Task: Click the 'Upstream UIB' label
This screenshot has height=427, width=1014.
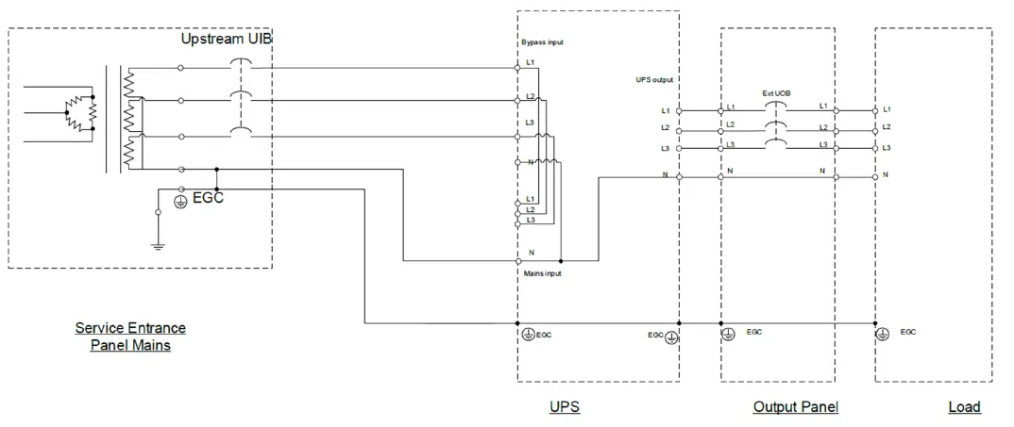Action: (227, 40)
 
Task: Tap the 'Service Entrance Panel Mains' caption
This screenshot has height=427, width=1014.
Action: (130, 337)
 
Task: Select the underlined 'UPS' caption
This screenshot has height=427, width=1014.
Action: (564, 407)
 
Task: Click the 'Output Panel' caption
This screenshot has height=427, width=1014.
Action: (795, 407)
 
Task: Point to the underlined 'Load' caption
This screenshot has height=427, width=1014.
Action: (964, 407)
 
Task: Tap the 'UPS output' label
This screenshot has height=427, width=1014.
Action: (654, 81)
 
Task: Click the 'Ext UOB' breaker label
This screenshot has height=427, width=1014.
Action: (776, 94)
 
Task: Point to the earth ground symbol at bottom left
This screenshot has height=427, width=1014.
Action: (158, 244)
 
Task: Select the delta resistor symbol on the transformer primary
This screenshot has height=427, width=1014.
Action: (80, 110)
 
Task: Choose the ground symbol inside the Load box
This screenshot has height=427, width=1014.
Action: (885, 334)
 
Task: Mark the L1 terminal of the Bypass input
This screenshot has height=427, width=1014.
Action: (517, 67)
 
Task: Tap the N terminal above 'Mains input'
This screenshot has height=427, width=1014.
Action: (517, 260)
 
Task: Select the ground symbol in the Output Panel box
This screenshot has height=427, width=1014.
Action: (728, 334)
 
